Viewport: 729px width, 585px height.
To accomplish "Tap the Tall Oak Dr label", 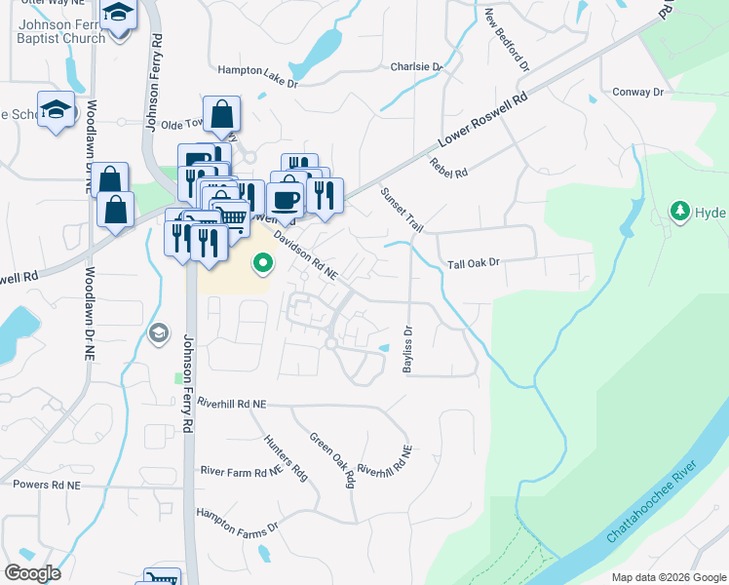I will tap(473, 263).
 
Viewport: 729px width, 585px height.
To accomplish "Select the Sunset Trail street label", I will tap(402, 210).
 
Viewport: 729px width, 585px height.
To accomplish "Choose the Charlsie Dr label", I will tap(416, 67).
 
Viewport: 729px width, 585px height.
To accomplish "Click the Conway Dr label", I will tap(637, 92).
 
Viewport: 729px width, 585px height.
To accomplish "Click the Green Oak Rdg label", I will tap(331, 460).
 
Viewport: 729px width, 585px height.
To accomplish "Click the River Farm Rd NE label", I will tap(240, 472).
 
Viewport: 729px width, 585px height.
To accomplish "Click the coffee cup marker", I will tap(285, 199).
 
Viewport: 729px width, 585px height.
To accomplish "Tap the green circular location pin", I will tap(262, 262).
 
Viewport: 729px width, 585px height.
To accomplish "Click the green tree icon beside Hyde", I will tap(680, 211).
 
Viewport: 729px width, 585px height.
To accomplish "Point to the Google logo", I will tap(33, 573).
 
